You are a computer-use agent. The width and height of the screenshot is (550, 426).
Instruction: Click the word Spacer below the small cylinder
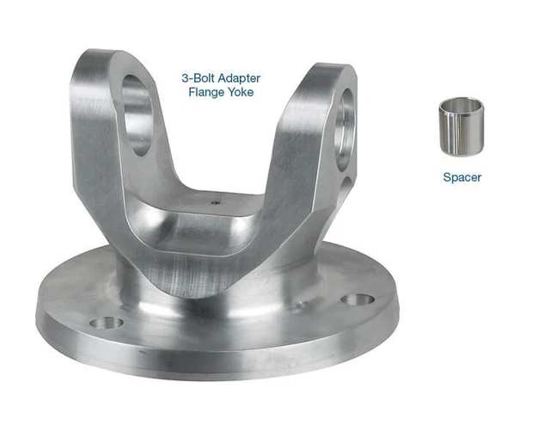click(x=461, y=177)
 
